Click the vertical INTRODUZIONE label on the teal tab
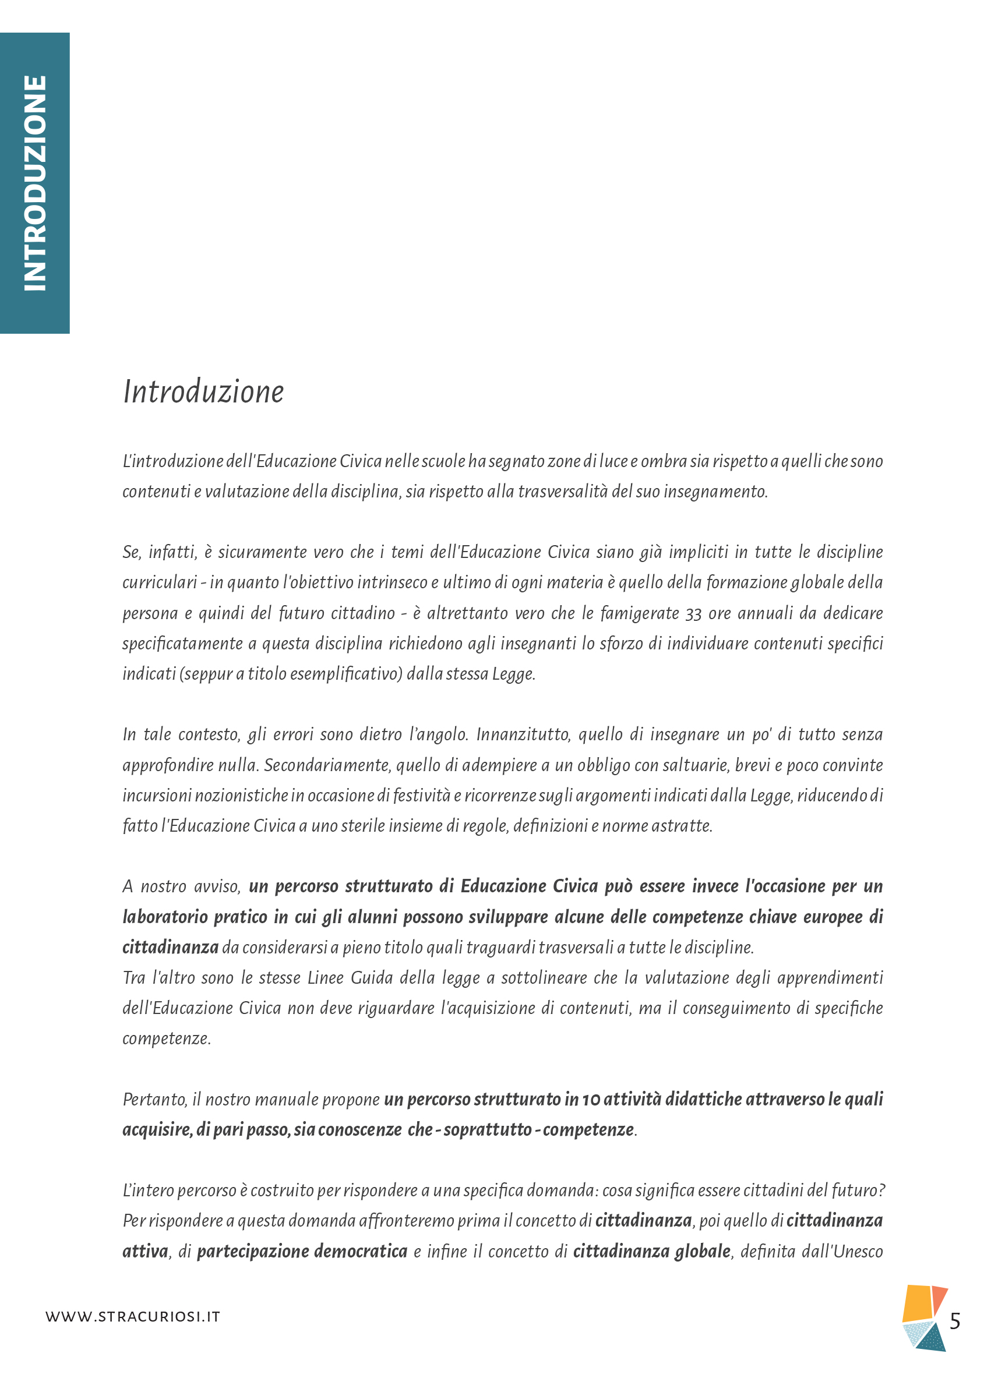pos(34,182)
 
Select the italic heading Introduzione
pos(203,391)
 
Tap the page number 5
pos(954,1320)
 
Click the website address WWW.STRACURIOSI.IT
pos(133,1316)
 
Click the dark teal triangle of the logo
pos(933,1338)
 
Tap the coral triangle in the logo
pos(939,1298)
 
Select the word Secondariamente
pos(327,765)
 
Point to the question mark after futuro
pos(881,1190)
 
